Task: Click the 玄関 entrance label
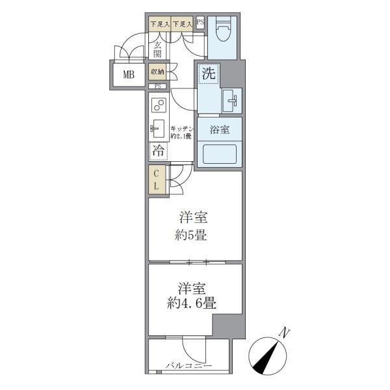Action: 159,49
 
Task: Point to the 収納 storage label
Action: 158,71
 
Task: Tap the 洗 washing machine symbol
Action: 207,73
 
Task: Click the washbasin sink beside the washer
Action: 231,100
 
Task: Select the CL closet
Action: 157,180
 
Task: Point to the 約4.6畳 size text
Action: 191,302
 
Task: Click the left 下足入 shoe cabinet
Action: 159,25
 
